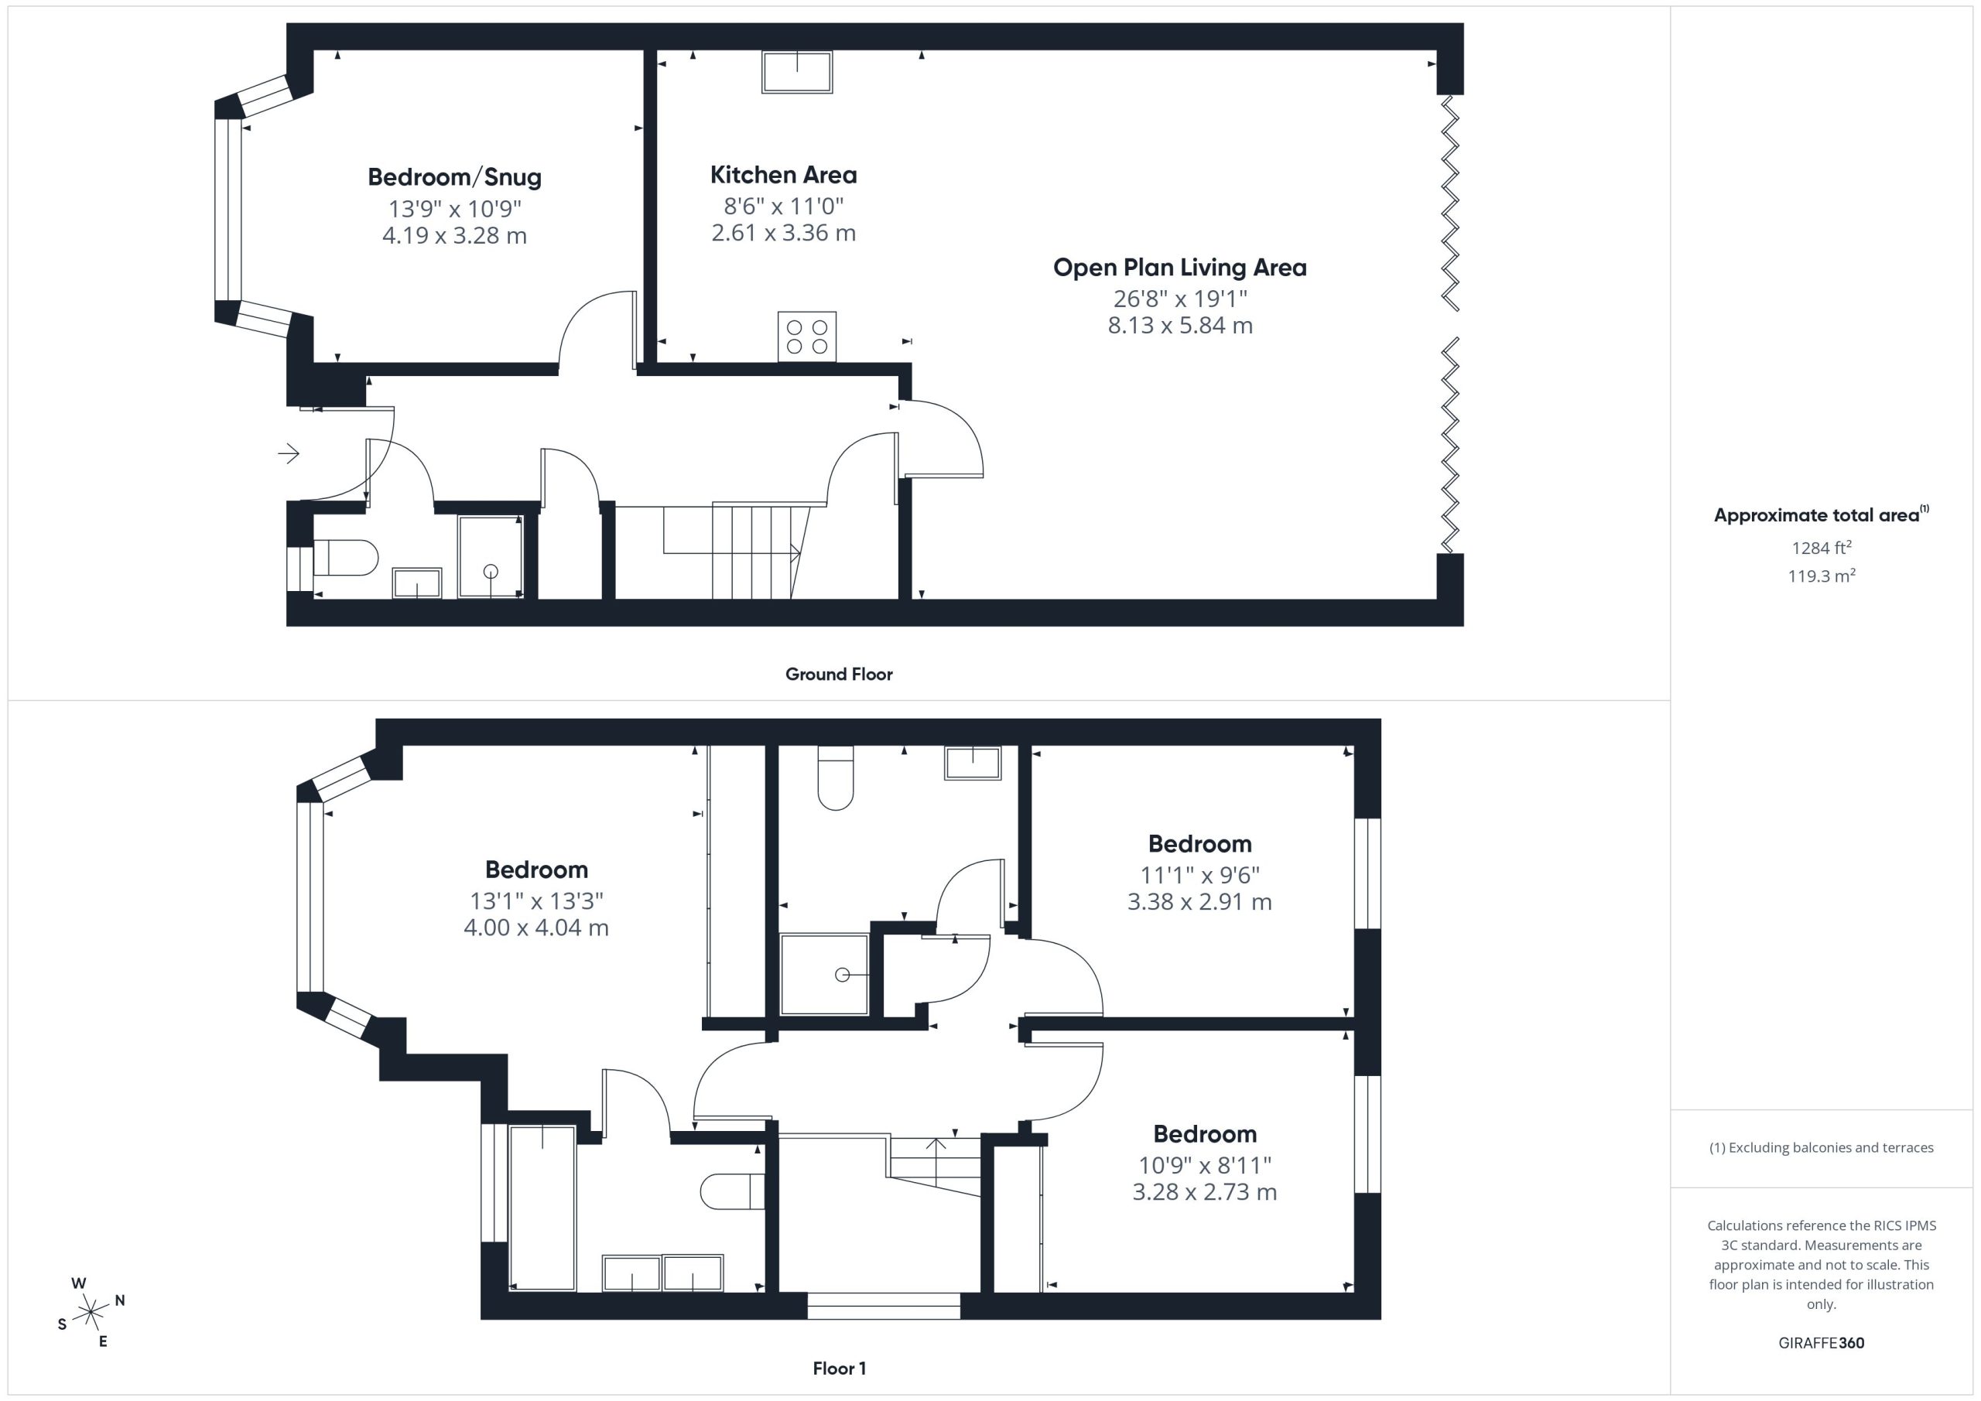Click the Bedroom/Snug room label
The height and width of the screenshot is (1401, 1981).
tap(455, 177)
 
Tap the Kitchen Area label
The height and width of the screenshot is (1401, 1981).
tap(783, 175)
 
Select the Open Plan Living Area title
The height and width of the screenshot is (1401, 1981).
tap(1179, 268)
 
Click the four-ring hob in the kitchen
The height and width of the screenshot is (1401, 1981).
tap(807, 337)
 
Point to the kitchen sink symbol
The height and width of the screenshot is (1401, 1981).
tap(797, 73)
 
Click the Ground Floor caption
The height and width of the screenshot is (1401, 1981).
tap(839, 674)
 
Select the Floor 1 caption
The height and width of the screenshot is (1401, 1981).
tap(839, 1369)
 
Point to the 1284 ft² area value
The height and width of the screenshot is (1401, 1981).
tap(1821, 547)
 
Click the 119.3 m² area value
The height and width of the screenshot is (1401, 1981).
tap(1821, 576)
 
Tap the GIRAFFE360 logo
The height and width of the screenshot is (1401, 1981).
tap(1821, 1342)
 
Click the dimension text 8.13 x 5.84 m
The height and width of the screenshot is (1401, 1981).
tap(1179, 325)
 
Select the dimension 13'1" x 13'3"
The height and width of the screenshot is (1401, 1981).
tap(535, 900)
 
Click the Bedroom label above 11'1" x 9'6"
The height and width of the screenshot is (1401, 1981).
tap(1199, 844)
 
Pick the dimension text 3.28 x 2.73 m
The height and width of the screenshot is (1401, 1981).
tap(1205, 1191)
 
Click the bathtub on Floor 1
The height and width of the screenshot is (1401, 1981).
tap(542, 1208)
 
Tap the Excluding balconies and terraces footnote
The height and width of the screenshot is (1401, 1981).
tap(1821, 1147)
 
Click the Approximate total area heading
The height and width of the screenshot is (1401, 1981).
tap(1821, 515)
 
